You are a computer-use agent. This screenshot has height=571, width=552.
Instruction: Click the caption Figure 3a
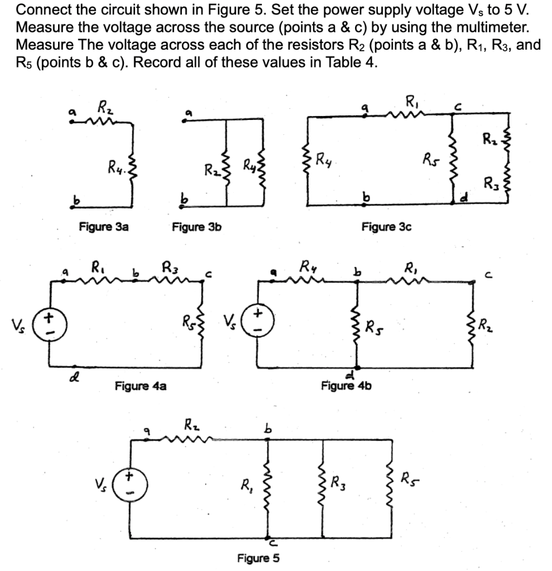(x=104, y=227)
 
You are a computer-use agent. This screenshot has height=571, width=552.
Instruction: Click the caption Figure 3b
(x=197, y=227)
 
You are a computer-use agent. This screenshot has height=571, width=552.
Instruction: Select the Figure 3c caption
(x=387, y=227)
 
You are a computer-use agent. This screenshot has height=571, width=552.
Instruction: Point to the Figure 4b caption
(x=347, y=385)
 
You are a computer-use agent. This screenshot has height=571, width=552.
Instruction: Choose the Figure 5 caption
(x=258, y=558)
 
